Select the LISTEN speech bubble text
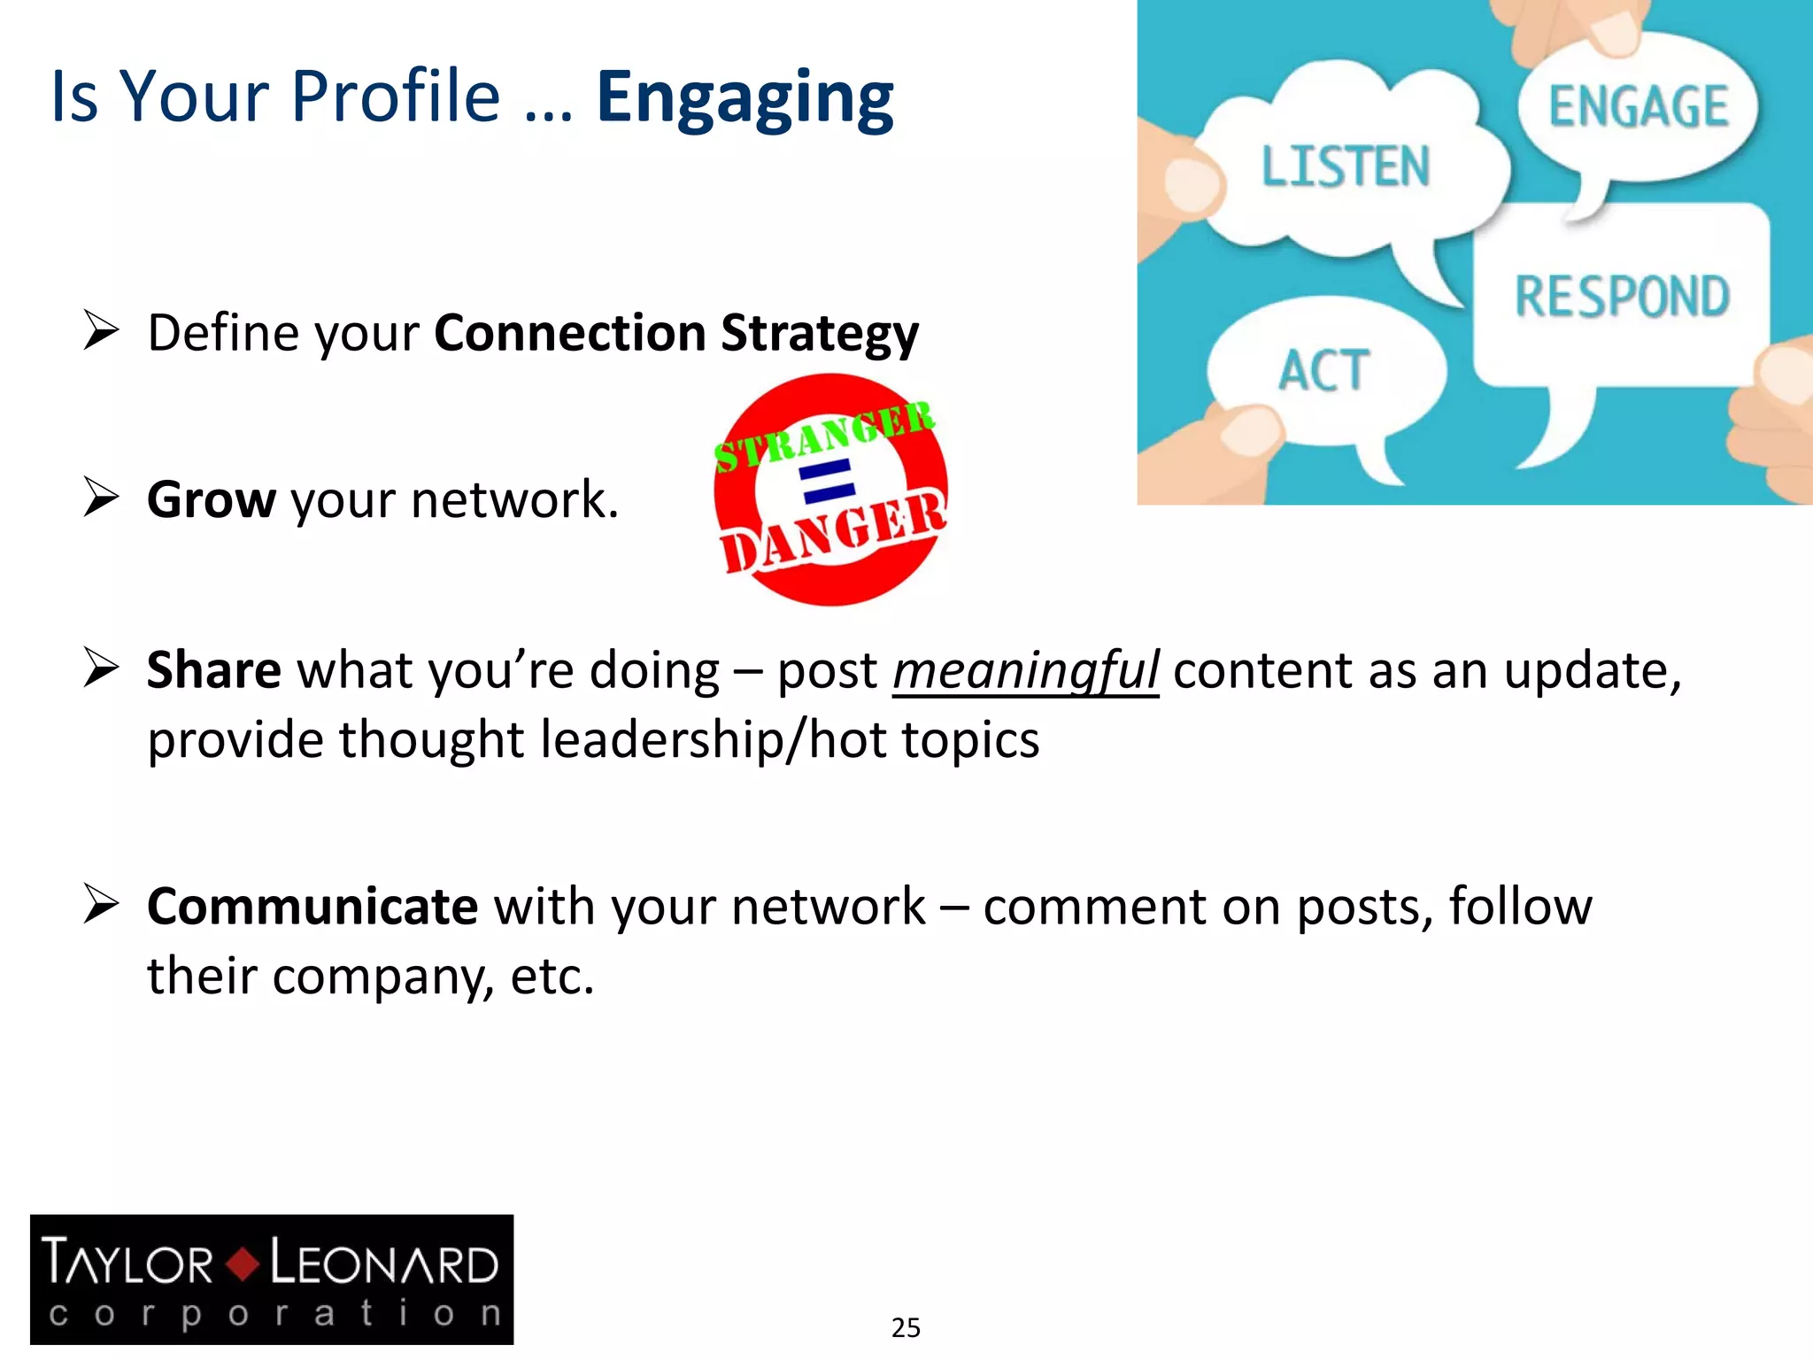click(x=1345, y=166)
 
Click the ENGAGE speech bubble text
click(x=1638, y=107)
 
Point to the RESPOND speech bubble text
click(x=1622, y=297)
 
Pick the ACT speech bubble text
click(x=1323, y=370)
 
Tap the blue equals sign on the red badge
click(x=827, y=481)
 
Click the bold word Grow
click(x=212, y=499)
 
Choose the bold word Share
click(x=213, y=670)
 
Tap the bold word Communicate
click(x=312, y=907)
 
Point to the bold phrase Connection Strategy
click(x=676, y=334)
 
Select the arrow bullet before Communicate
click(x=101, y=904)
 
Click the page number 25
click(x=906, y=1327)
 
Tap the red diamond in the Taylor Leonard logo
click(x=242, y=1263)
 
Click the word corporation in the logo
click(x=274, y=1313)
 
